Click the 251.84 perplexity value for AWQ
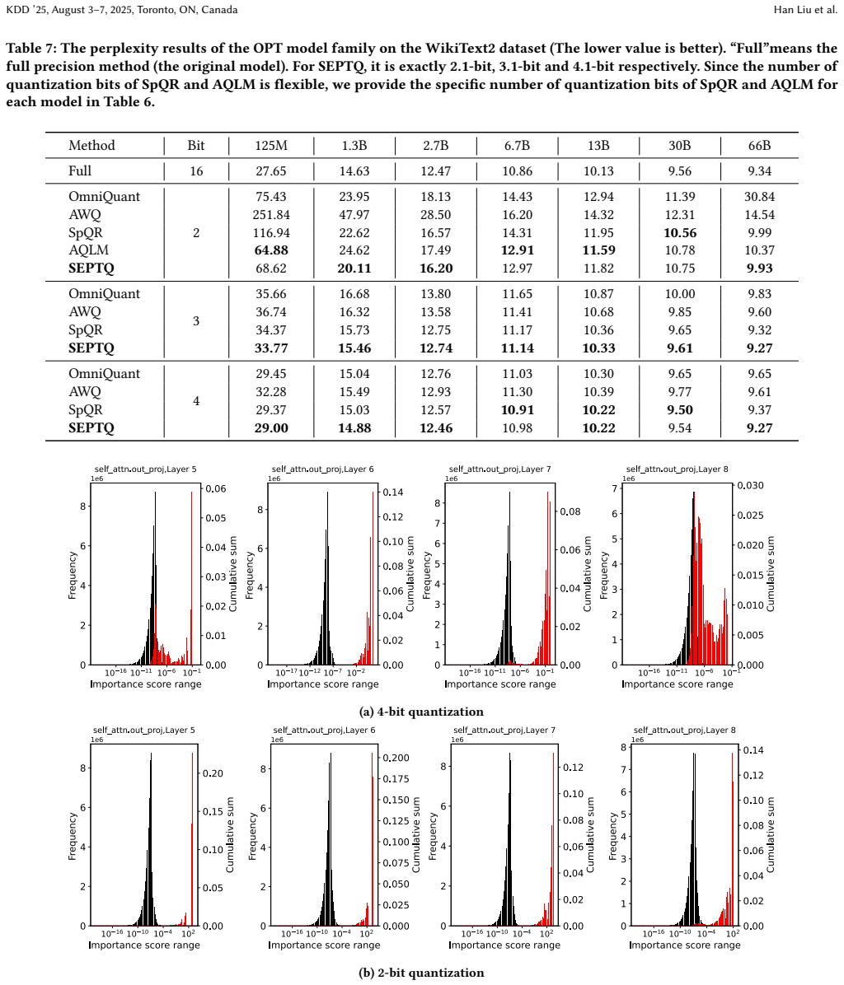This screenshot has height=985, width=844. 271,215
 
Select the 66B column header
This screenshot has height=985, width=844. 759,146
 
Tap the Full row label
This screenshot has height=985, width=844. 80,170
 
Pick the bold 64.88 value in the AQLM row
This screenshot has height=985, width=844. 271,250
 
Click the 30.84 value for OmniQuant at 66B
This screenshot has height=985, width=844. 759,197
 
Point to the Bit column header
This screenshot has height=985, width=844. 196,146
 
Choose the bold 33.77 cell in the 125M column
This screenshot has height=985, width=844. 271,348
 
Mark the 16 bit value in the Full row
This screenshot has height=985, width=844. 196,170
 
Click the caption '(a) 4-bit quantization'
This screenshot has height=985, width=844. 421,712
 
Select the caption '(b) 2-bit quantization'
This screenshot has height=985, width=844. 421,973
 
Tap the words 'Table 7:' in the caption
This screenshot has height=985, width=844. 30,49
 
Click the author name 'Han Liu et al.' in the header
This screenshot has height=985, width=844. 805,9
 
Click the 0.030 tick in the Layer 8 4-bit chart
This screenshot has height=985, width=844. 750,486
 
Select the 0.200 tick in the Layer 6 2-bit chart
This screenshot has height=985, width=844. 396,758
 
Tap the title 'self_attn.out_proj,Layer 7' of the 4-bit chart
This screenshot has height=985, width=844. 499,469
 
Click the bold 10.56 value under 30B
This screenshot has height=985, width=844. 680,232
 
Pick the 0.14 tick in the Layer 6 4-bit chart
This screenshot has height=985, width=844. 393,492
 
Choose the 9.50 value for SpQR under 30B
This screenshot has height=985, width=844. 680,409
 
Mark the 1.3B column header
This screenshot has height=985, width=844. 354,146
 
